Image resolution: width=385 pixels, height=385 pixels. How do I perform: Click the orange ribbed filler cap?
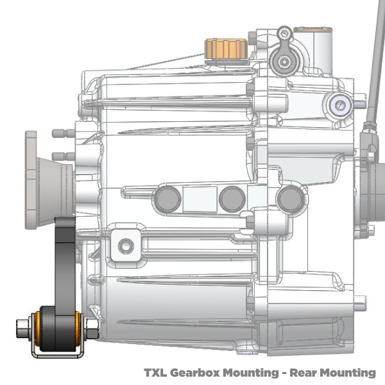(x=225, y=49)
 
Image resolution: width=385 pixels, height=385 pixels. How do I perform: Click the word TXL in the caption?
(x=155, y=372)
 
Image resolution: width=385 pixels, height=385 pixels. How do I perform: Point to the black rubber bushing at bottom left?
(x=58, y=329)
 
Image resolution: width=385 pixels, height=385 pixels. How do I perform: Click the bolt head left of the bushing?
(x=22, y=329)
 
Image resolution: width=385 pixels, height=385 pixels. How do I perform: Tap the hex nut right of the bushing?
(x=92, y=329)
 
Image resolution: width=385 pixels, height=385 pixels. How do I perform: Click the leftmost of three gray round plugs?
(x=168, y=198)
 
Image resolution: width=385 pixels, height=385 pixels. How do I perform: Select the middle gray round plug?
(x=232, y=199)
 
